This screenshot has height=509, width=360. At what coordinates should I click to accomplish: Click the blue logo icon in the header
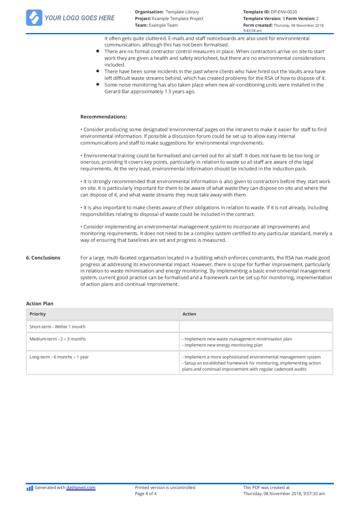34,18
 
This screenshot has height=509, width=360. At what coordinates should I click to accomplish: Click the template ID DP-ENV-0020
284,12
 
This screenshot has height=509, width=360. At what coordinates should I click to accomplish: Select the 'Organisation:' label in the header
149,12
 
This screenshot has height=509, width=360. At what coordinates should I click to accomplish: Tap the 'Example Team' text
163,25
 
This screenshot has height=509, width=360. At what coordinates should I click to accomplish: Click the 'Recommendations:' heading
104,117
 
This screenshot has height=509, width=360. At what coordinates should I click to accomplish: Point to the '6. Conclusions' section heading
43,258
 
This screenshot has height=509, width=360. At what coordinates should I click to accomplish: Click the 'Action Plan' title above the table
40,304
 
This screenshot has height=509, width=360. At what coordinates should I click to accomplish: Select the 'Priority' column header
37,314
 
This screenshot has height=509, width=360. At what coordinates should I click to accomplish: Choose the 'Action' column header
189,314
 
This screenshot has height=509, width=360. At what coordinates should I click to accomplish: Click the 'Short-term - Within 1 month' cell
57,327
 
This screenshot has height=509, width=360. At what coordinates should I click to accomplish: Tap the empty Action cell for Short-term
256,327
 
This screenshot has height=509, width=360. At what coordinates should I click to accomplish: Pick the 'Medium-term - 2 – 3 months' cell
58,339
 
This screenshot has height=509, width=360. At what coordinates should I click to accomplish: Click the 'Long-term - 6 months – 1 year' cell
59,357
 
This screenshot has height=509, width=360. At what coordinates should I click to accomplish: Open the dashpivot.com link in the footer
81,488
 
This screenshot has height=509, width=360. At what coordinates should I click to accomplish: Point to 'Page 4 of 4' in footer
146,494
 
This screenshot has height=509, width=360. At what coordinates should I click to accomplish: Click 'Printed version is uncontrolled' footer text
165,488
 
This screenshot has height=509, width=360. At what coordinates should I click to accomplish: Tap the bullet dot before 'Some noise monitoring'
98,84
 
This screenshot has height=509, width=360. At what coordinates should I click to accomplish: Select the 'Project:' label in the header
143,19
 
